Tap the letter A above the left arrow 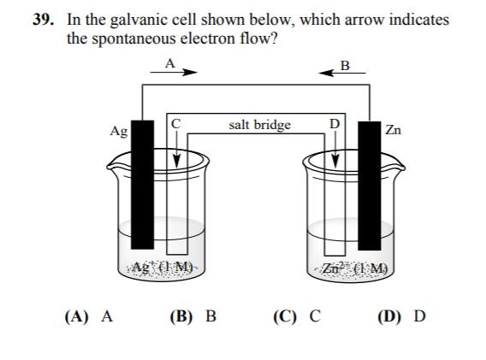tap(169, 62)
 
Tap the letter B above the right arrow tap(345, 64)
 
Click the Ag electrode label tap(119, 131)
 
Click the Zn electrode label tap(393, 131)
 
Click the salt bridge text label tap(260, 125)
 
